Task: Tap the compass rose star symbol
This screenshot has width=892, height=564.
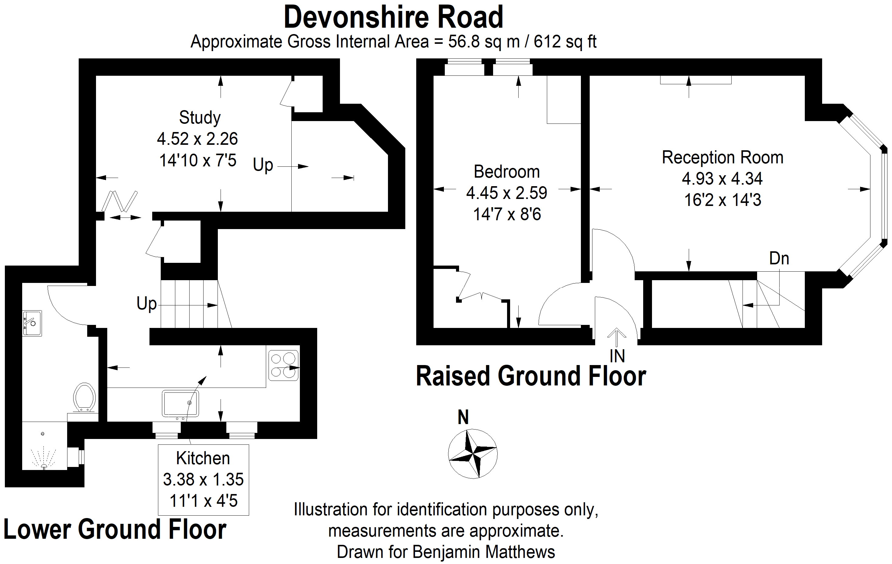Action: click(x=473, y=454)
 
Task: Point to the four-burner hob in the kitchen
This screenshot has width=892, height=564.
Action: click(x=283, y=365)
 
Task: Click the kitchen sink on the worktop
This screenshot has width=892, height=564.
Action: click(x=180, y=403)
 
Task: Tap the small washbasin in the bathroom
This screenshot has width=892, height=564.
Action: click(x=32, y=323)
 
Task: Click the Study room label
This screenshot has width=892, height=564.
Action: click(x=200, y=118)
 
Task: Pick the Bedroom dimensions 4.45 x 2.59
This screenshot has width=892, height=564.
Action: click(x=506, y=193)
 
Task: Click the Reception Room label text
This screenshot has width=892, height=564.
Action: click(x=722, y=158)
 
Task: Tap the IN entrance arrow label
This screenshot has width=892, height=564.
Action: click(x=617, y=356)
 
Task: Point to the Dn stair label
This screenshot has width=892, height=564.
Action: click(x=779, y=259)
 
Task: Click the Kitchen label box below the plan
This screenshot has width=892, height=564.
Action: click(x=203, y=479)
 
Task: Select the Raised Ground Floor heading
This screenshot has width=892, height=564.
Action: click(x=530, y=376)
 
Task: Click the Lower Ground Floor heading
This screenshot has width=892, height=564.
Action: click(x=115, y=530)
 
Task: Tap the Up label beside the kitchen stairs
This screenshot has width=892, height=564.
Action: click(x=147, y=304)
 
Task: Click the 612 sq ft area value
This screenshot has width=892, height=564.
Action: click(x=564, y=42)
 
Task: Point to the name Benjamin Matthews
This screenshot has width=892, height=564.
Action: click(x=483, y=552)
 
